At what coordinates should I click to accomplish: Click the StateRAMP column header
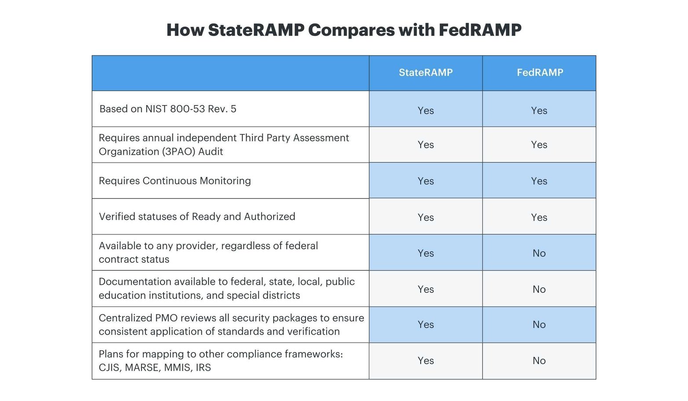pos(426,73)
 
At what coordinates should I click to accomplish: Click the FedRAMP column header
pos(539,73)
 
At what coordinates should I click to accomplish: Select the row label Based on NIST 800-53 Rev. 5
pos(167,109)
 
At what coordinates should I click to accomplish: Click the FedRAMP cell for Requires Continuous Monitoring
pos(539,181)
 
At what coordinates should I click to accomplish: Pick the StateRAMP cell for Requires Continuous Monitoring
pos(426,181)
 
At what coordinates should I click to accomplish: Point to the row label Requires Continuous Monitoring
pos(175,181)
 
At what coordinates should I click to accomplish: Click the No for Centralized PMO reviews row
pos(539,324)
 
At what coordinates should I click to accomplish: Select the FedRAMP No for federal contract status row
pos(539,253)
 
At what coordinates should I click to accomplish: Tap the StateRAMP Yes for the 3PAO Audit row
pos(426,145)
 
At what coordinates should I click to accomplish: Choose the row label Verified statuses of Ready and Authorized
pos(197,217)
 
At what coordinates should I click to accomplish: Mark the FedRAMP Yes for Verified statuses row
pos(539,217)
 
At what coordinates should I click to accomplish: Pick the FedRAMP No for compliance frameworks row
pos(539,361)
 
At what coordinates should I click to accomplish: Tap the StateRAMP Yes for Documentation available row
pos(426,289)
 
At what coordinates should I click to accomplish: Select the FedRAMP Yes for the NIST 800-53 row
pos(539,110)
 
